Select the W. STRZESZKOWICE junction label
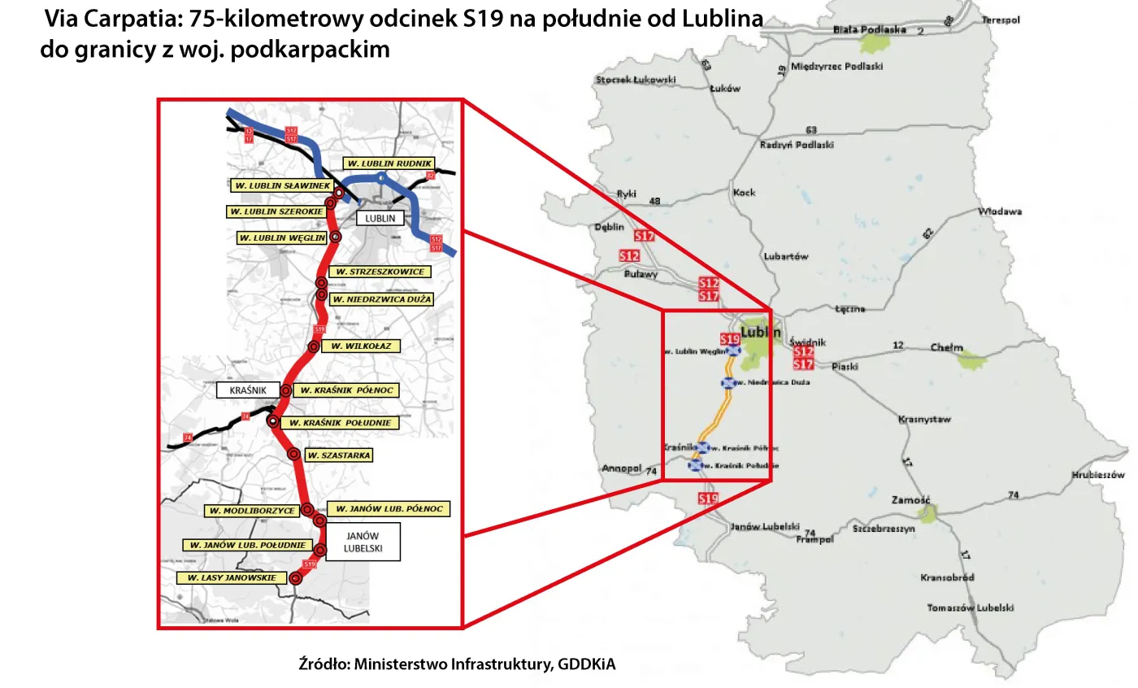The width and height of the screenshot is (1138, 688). point(380,272)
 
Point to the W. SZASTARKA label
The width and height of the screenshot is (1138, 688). point(338,456)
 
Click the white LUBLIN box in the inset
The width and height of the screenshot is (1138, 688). point(380,219)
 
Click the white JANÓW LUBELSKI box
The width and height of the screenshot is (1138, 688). point(363,542)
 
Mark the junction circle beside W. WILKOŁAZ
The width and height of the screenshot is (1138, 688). point(314,347)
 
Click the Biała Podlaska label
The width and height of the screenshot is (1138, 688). point(870,30)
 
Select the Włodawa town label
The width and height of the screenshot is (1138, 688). point(1000,211)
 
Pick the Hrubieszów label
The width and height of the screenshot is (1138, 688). point(1097,475)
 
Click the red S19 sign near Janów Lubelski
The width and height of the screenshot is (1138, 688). point(709,498)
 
